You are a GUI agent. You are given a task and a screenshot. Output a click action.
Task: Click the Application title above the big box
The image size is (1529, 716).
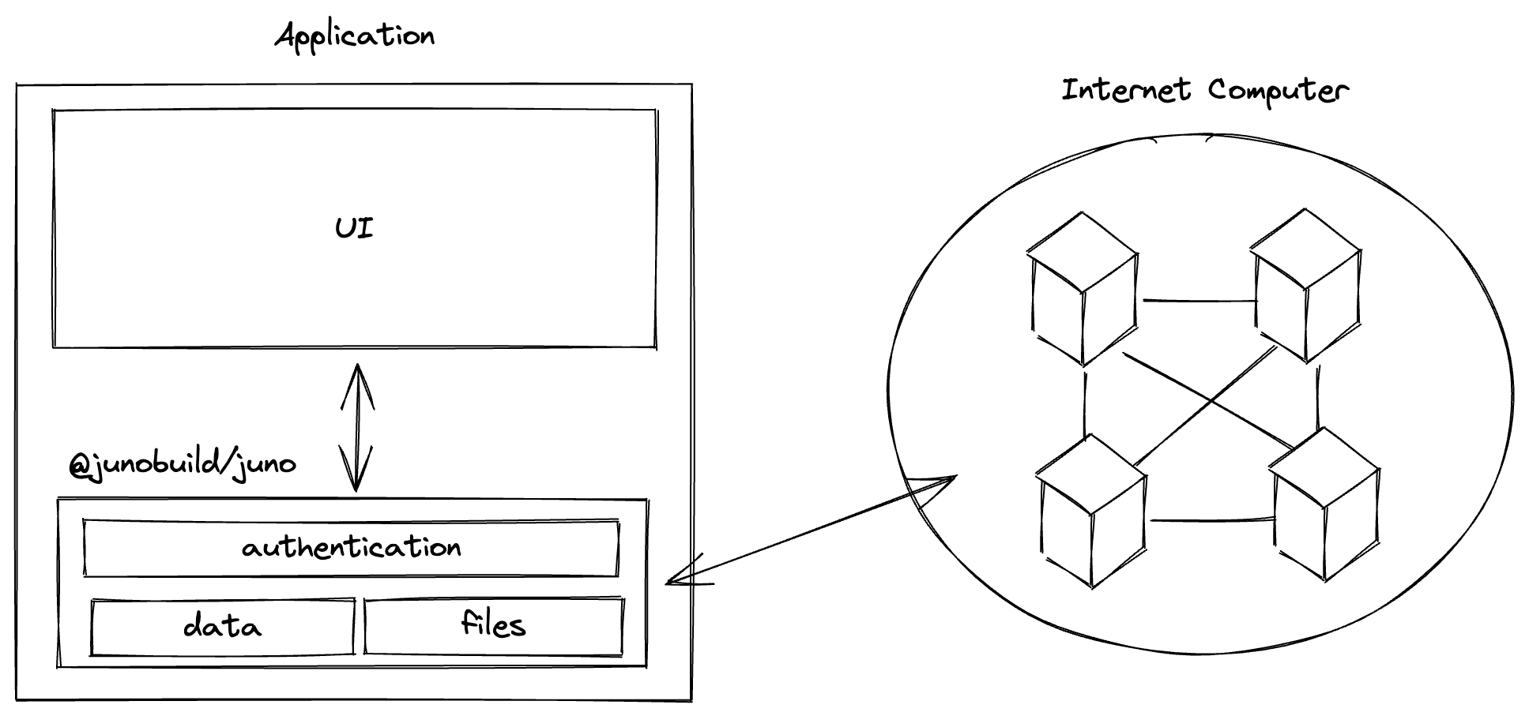pyautogui.click(x=355, y=36)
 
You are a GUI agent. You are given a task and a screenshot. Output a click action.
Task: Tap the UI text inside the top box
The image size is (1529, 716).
pyautogui.click(x=354, y=229)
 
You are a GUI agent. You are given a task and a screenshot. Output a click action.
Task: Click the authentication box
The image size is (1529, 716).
pyautogui.click(x=351, y=548)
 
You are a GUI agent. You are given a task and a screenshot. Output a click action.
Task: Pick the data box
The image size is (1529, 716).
pyautogui.click(x=222, y=627)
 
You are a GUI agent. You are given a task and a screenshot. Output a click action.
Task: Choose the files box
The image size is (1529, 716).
pyautogui.click(x=493, y=626)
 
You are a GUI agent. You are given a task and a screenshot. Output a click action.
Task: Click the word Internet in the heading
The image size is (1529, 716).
pyautogui.click(x=1125, y=90)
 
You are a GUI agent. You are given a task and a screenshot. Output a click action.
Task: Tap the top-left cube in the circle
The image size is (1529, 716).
pyautogui.click(x=1083, y=289)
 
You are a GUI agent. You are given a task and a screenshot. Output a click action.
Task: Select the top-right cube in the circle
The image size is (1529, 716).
pyautogui.click(x=1306, y=284)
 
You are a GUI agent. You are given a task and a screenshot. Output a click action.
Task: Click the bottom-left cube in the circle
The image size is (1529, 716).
pyautogui.click(x=1091, y=511)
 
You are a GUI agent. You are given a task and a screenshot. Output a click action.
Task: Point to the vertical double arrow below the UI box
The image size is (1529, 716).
pyautogui.click(x=357, y=427)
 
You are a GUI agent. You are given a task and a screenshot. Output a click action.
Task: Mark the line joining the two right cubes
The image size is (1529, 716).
pyautogui.click(x=1317, y=398)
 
